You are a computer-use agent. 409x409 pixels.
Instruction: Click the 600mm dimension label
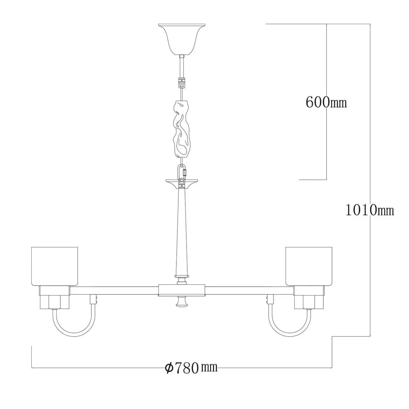(x=326, y=102)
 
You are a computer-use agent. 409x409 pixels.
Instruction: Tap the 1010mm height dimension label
(x=369, y=210)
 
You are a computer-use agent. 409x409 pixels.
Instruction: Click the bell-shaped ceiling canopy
(x=182, y=39)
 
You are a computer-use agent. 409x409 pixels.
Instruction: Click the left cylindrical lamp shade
(x=55, y=266)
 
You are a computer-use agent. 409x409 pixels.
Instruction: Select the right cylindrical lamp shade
(x=309, y=266)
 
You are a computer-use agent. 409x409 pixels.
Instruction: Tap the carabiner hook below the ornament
(x=182, y=172)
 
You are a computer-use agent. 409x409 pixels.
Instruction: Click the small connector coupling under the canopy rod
(x=182, y=83)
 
